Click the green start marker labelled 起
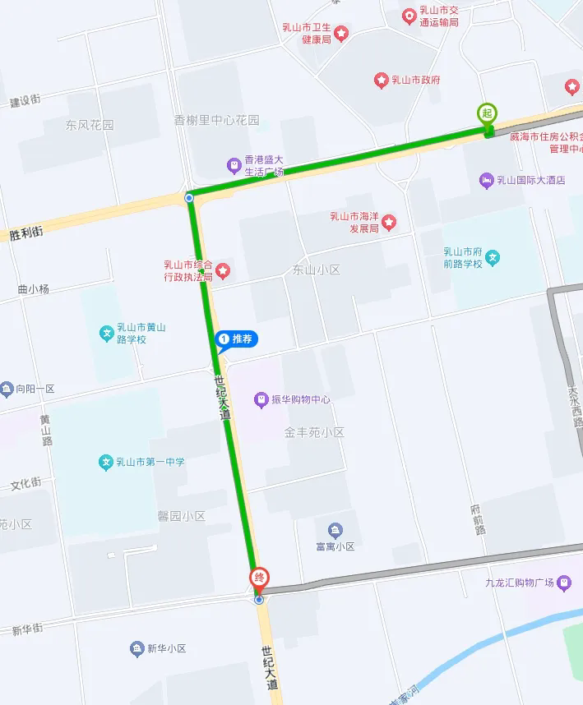pyautogui.click(x=488, y=113)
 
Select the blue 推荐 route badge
pyautogui.click(x=236, y=339)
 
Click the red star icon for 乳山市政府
pyautogui.click(x=382, y=80)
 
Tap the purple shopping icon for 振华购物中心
pyautogui.click(x=261, y=400)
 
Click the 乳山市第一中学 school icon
pyautogui.click(x=106, y=462)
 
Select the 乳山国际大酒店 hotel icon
pyautogui.click(x=486, y=180)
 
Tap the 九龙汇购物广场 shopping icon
pyautogui.click(x=563, y=583)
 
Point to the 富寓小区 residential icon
pyautogui.click(x=335, y=530)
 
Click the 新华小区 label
pyautogui.click(x=167, y=649)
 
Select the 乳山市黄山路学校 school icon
pyautogui.click(x=106, y=334)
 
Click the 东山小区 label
pyautogui.click(x=316, y=270)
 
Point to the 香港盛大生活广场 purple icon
pyautogui.click(x=234, y=166)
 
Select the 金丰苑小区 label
pyautogui.click(x=314, y=432)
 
